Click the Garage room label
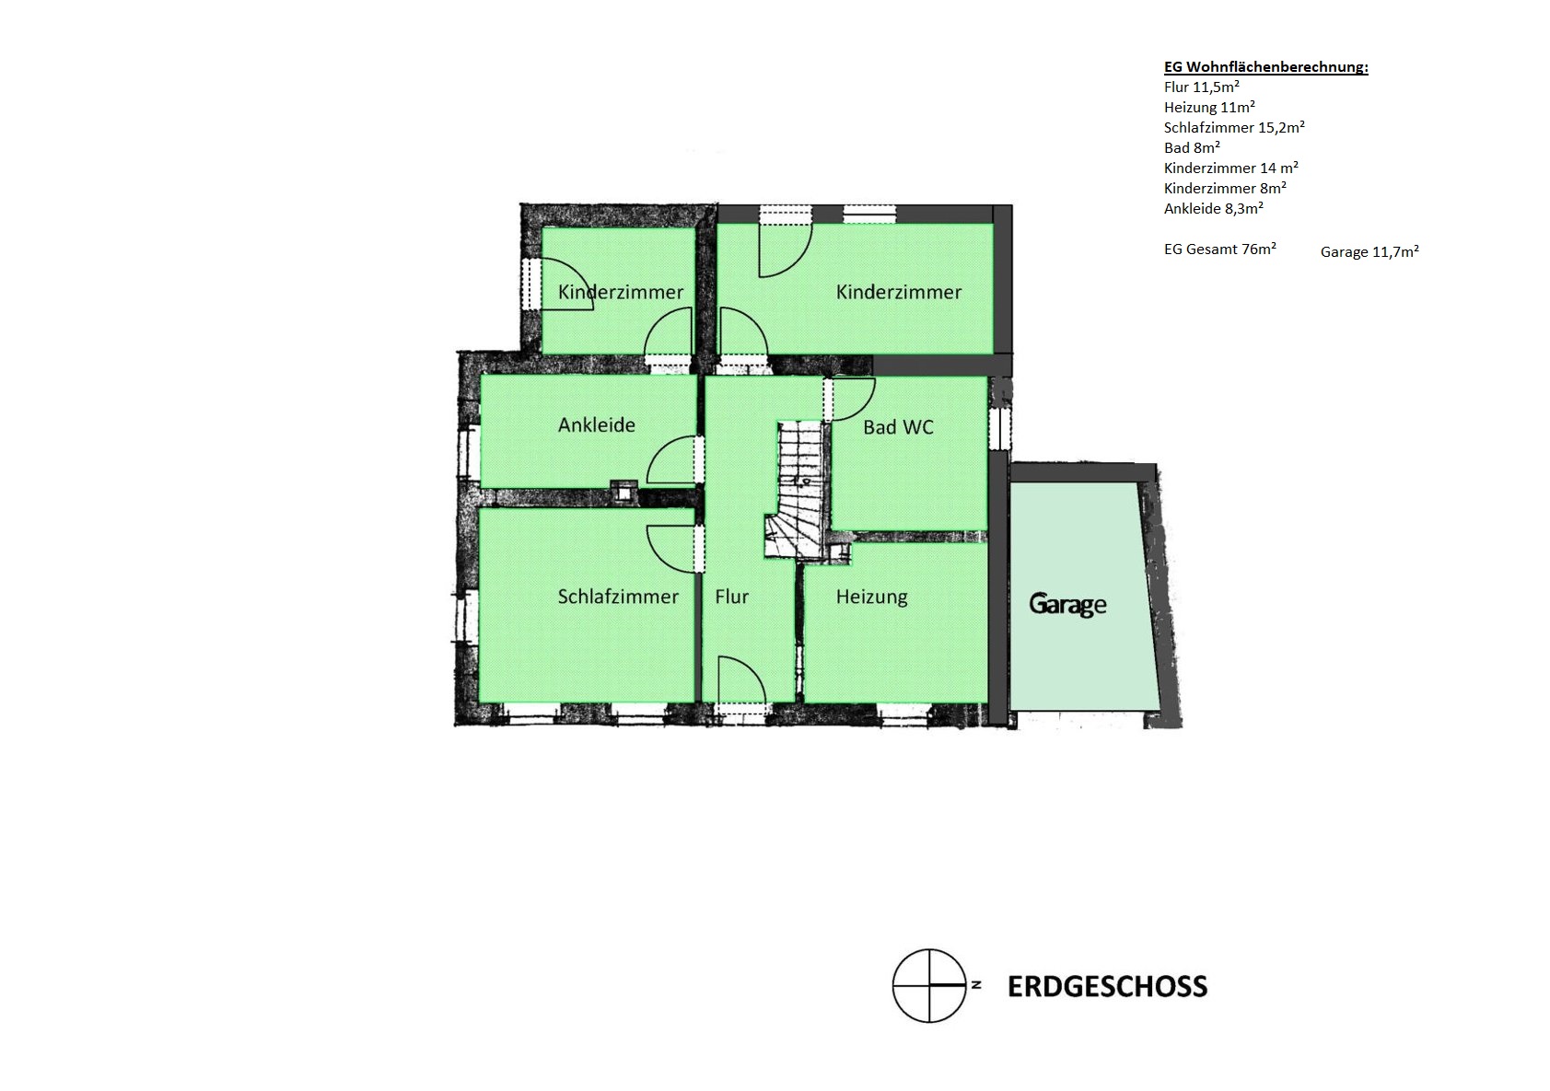click(1067, 604)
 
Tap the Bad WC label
click(898, 427)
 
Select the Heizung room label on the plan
click(872, 597)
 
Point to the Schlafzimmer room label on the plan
click(618, 597)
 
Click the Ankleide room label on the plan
click(597, 424)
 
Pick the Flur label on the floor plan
click(731, 597)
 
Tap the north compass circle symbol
click(928, 985)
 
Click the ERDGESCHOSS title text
click(1107, 987)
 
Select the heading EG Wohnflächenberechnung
click(1265, 67)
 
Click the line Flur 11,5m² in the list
click(1201, 87)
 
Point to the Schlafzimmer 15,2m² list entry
click(1234, 127)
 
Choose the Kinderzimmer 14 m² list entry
click(1231, 168)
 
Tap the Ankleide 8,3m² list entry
click(1214, 208)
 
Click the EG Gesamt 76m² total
click(1220, 250)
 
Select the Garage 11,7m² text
click(1369, 252)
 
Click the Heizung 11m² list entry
click(1209, 107)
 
